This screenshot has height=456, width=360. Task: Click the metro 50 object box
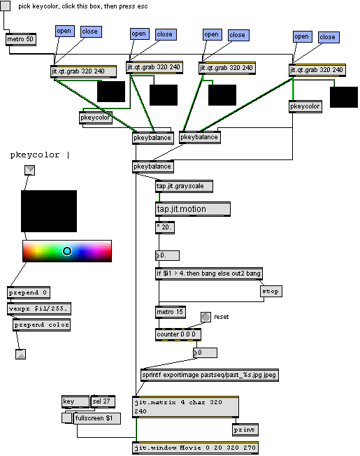point(21,39)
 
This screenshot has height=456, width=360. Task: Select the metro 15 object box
point(171,313)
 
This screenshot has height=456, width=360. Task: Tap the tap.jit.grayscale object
point(184,186)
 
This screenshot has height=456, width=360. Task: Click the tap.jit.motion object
point(193,209)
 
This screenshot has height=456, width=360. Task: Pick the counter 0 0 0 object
point(178,334)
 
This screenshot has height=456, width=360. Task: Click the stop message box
point(271,291)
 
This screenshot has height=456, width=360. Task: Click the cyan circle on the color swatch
point(67,251)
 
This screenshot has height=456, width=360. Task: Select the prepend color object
point(41,325)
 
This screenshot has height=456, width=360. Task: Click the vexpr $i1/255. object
point(39,308)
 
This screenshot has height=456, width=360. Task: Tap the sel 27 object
point(103,401)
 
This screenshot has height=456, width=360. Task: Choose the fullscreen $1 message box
point(96,418)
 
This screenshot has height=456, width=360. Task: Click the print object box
point(245,430)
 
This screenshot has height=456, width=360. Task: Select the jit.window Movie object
point(196,448)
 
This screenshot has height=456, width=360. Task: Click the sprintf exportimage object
point(210,375)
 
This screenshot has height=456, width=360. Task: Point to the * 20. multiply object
point(165,227)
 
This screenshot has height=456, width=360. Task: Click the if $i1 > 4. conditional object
point(209,273)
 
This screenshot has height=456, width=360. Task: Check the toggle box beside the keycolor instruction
point(5,6)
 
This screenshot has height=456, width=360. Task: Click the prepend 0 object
point(29,292)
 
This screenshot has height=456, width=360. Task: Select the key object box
point(75,401)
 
